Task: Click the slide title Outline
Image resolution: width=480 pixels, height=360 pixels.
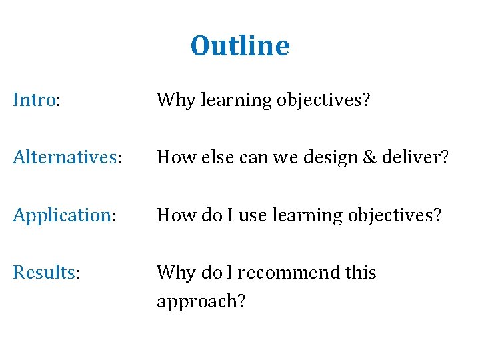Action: point(240,46)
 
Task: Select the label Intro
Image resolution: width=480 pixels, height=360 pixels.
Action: point(35,101)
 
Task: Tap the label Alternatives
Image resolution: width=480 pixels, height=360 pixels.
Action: point(65,158)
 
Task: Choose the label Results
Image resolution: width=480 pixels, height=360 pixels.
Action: point(45,273)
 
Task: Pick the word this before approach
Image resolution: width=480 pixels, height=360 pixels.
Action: point(360,273)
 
